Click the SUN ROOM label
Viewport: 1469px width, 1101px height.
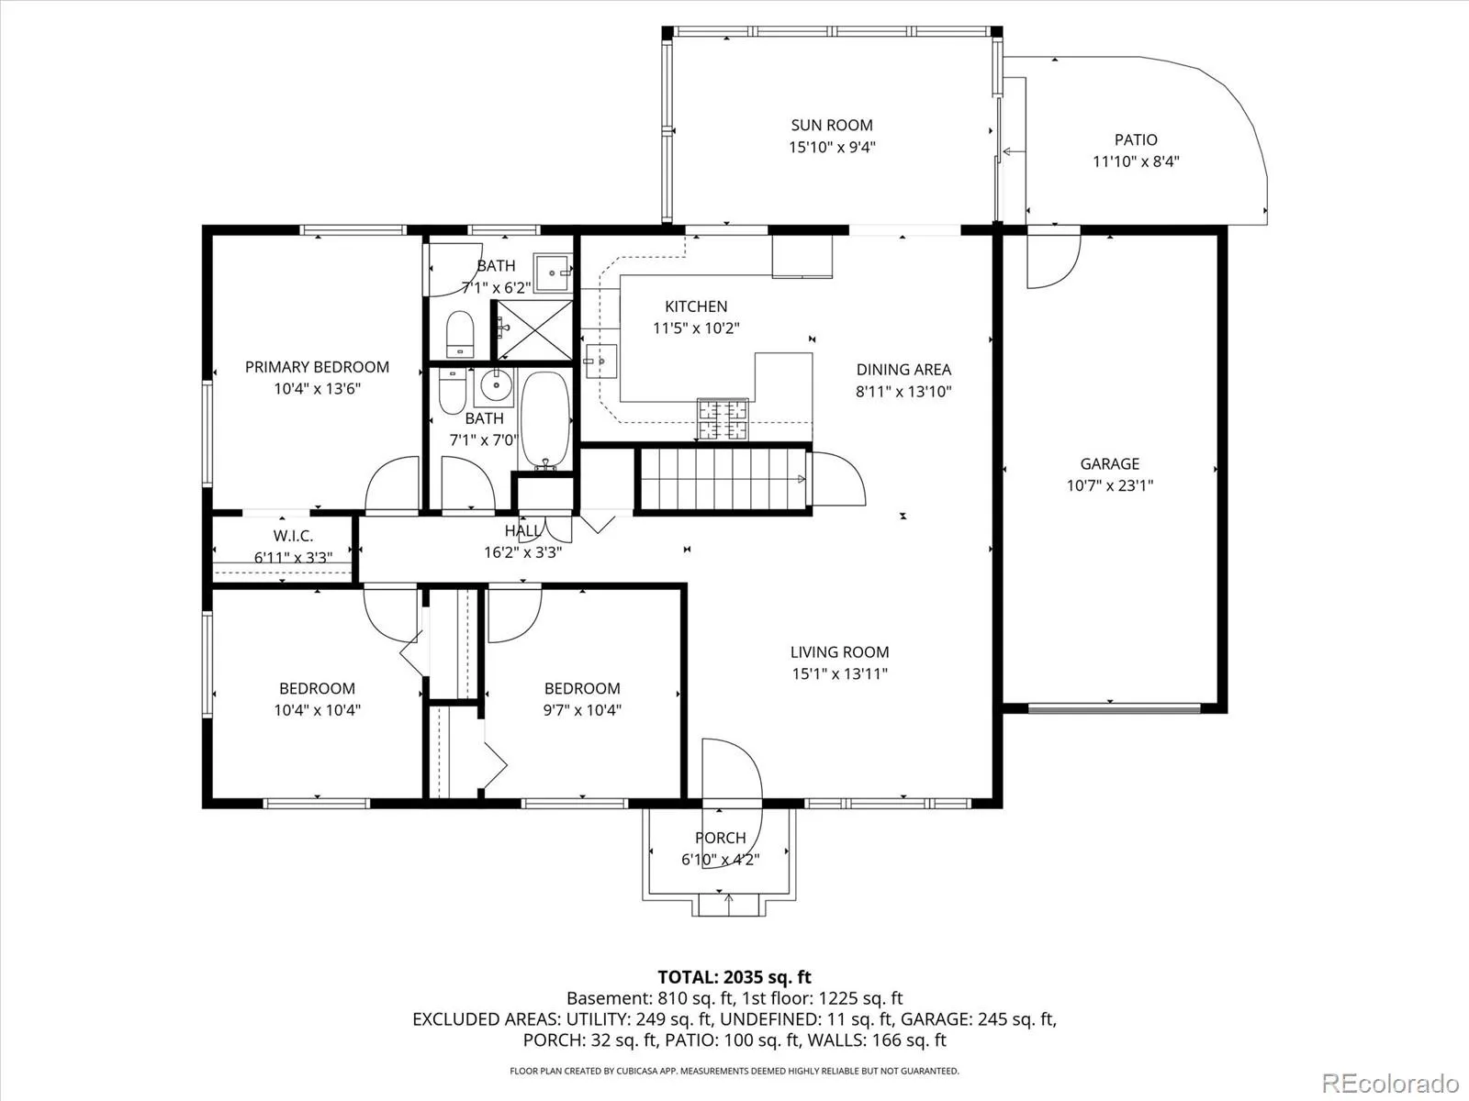point(832,125)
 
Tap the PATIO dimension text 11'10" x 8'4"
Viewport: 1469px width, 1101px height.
point(1136,161)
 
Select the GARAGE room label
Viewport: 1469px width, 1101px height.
point(1110,463)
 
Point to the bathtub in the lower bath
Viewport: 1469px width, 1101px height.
point(545,420)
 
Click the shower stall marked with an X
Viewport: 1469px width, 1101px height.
point(533,330)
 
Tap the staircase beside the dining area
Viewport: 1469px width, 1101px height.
point(723,479)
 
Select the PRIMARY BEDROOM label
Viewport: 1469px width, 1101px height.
point(317,367)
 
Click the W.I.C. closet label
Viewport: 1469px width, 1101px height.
point(293,536)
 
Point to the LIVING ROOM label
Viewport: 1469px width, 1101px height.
point(839,651)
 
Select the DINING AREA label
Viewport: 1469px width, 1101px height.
point(903,370)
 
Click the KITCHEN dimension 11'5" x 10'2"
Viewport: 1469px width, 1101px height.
point(696,328)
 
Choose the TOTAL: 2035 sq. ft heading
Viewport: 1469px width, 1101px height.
point(734,977)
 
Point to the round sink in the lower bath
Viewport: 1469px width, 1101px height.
point(496,385)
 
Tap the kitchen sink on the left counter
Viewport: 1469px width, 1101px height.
point(601,361)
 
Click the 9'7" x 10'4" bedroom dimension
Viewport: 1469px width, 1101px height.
point(582,710)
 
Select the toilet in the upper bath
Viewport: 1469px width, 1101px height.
point(460,334)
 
